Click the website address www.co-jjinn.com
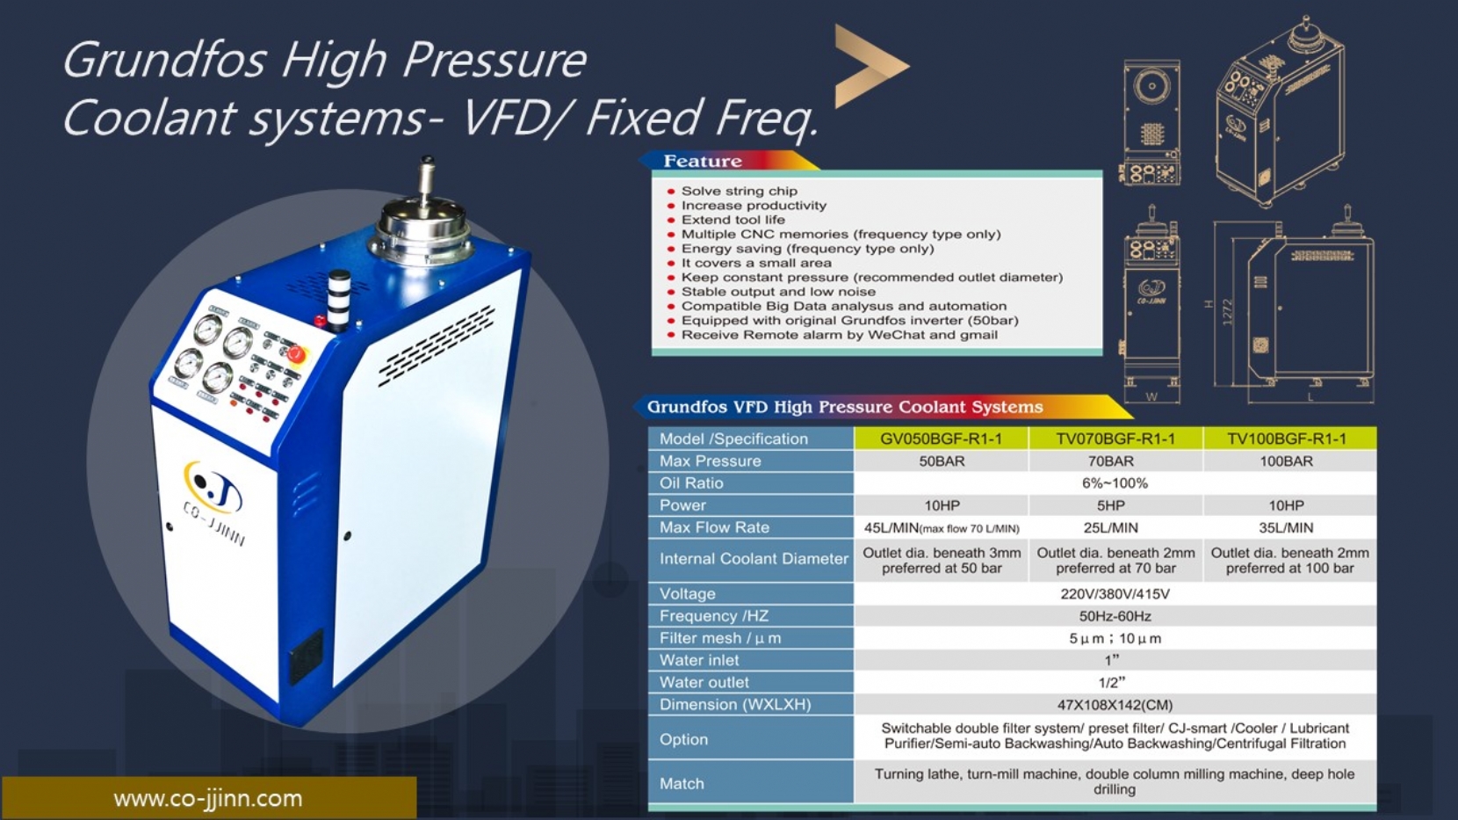208,798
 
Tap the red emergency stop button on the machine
295,353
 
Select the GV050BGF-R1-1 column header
941,439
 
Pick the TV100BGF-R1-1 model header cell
1287,439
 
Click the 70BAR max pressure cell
1110,461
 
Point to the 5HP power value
1110,505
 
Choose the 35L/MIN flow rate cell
1286,527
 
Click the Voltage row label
688,594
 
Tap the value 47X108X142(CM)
1115,705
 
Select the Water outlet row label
704,683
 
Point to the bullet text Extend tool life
733,220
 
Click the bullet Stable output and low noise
778,291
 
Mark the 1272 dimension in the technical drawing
1228,313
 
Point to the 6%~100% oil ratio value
1115,483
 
